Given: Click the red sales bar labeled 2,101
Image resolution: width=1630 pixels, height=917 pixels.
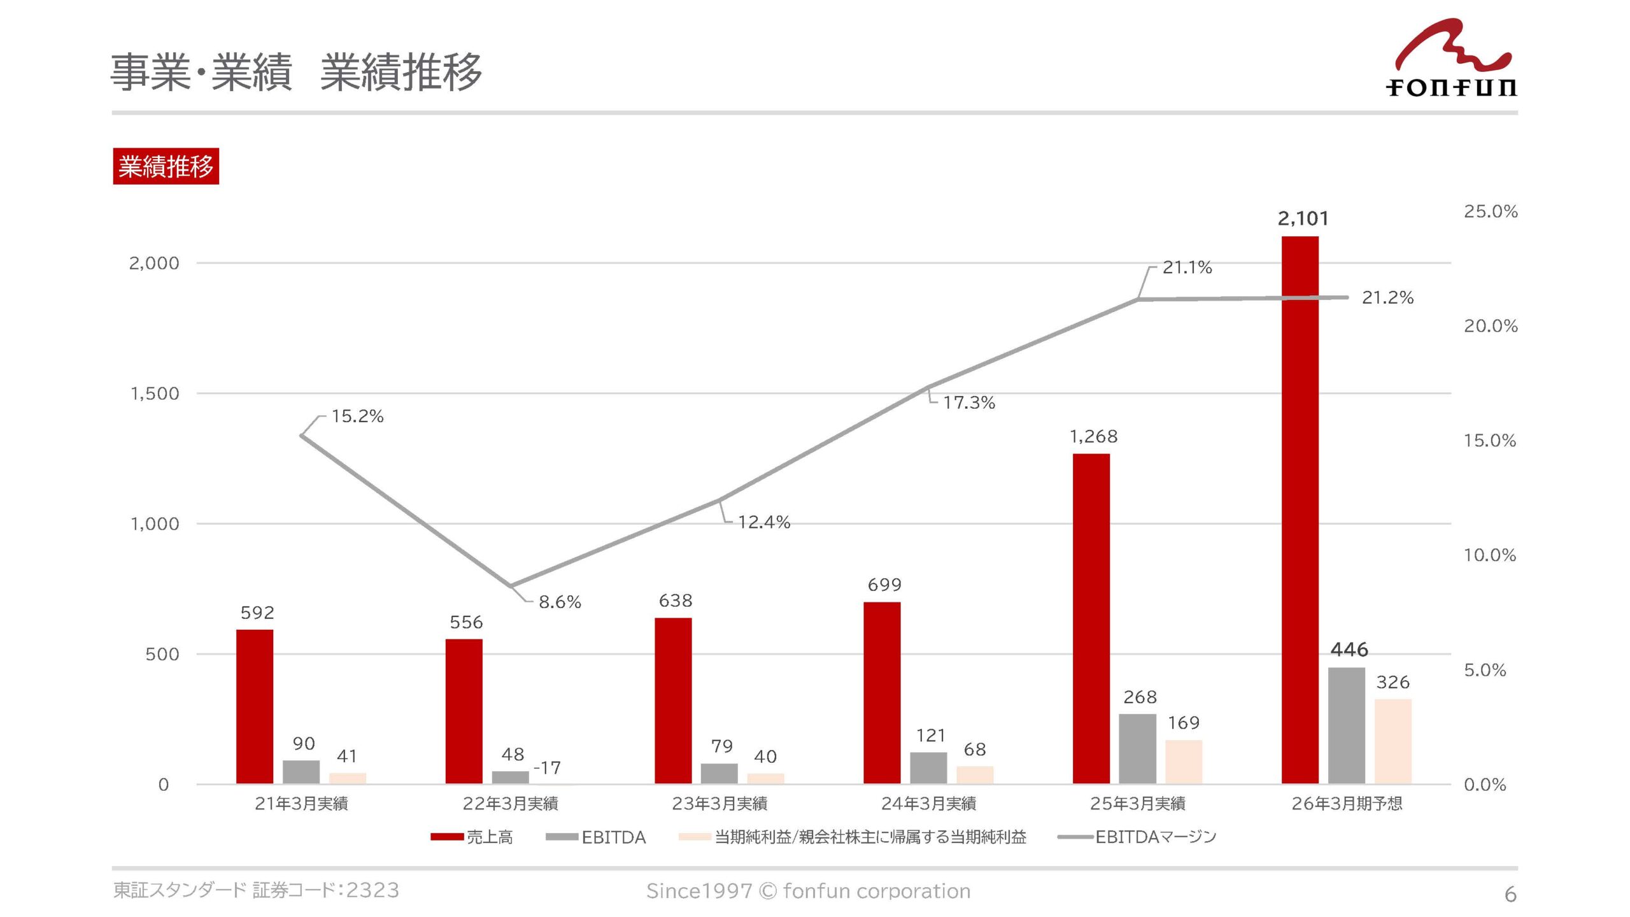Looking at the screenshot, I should (x=1300, y=509).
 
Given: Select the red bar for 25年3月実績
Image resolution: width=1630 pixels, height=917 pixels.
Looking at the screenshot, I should (x=1091, y=618).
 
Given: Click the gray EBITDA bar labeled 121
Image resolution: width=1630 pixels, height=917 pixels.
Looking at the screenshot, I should (x=928, y=767).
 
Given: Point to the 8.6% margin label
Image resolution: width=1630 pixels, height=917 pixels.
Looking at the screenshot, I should (x=560, y=602).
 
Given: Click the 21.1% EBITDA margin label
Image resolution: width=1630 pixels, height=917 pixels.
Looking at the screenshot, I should (x=1187, y=267).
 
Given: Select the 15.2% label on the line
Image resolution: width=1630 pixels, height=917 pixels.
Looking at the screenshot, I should (x=357, y=416).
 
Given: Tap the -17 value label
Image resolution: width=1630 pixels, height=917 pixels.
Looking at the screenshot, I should (x=547, y=768).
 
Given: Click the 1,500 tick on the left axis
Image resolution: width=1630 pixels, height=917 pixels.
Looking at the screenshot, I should (x=155, y=394).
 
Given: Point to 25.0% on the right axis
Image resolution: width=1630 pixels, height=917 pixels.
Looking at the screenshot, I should (x=1490, y=211).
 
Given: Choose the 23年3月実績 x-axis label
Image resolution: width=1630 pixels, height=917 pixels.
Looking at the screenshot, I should (x=719, y=804).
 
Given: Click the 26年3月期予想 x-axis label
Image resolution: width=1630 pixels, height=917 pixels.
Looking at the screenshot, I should (x=1347, y=804).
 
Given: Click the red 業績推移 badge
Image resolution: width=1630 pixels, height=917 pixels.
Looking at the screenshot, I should (x=166, y=166).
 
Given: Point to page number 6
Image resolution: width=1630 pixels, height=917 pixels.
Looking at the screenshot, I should (x=1510, y=895).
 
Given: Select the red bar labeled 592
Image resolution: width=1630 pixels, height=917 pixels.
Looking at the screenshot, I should (x=255, y=706).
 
